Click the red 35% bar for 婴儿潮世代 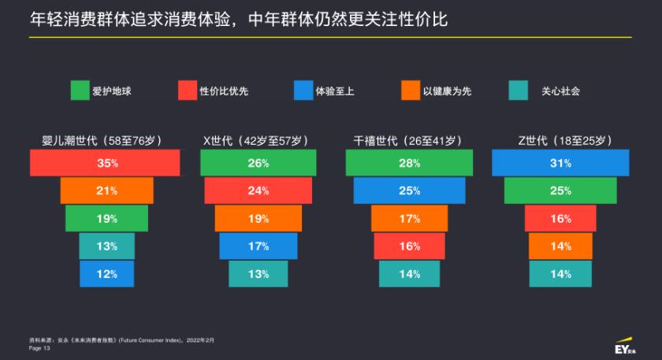tap(105, 163)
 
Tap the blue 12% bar tap(107, 274)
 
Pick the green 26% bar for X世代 tap(258, 163)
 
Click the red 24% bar tap(258, 191)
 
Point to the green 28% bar tap(409, 163)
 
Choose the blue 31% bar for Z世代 tap(560, 163)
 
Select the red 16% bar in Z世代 tap(560, 218)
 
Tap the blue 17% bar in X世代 tap(258, 246)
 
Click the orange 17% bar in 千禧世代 tap(409, 218)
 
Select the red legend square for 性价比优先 tap(188, 91)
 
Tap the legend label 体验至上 tap(334, 91)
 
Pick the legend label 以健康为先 tap(447, 91)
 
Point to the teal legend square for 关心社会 tap(518, 91)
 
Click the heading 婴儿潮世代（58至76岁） tap(102, 141)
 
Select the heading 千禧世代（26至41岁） tap(406, 141)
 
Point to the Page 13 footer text tap(39, 347)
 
